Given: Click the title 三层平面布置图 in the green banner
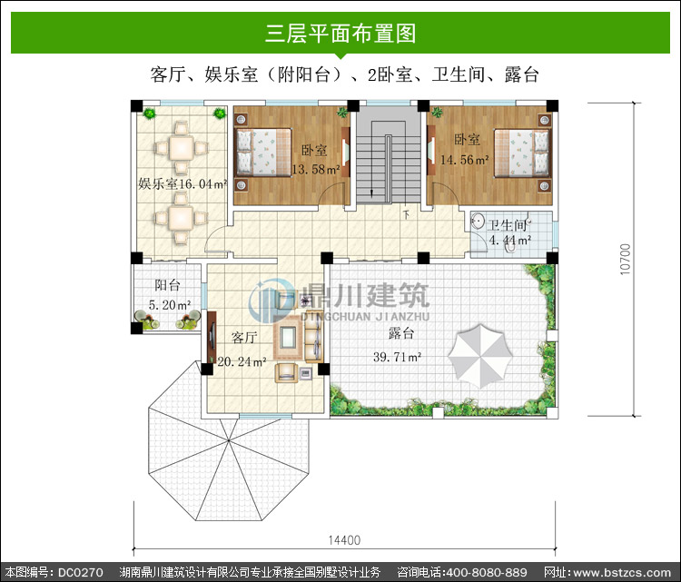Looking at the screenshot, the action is point(340,33).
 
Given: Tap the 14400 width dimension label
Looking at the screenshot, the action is point(344,540).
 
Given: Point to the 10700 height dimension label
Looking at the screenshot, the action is point(625,259).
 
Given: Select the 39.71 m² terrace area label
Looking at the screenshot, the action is point(398,357).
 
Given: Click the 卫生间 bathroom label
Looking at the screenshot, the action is point(508,225).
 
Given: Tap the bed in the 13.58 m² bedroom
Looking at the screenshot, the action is point(262,152).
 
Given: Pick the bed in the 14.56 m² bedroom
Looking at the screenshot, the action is point(522,153).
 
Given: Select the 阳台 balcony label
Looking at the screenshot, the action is point(168,285).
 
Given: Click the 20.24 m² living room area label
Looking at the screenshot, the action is point(242,361).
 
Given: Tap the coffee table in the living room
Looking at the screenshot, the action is point(288,337).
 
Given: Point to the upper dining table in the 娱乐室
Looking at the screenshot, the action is point(182,148).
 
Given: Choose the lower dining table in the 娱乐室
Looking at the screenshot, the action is point(181,219).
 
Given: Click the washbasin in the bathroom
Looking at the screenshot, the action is point(478,221).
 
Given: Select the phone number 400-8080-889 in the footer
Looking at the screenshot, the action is point(487,572).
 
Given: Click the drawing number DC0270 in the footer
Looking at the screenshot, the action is point(80,572).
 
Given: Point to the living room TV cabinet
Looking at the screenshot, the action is point(212,337).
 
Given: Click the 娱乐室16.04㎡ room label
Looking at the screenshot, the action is point(183,183).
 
